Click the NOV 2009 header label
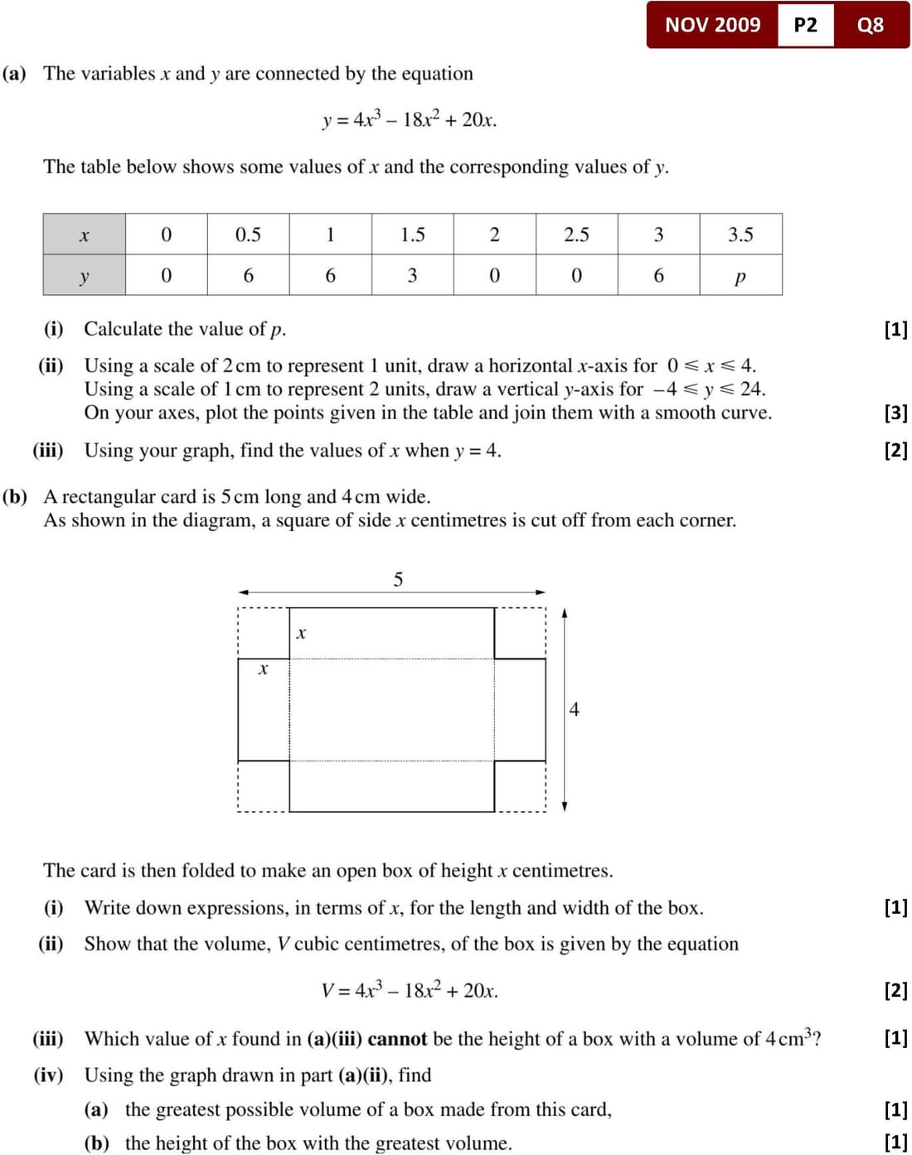click(x=712, y=25)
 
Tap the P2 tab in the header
click(x=805, y=25)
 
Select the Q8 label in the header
click(x=870, y=25)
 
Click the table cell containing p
click(x=740, y=276)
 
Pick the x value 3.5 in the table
click(x=740, y=234)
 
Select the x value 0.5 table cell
click(x=248, y=234)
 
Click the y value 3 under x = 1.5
click(x=412, y=276)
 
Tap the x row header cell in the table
click(x=84, y=234)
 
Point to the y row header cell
click(x=84, y=276)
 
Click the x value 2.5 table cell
click(x=576, y=234)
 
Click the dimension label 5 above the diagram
click(x=398, y=579)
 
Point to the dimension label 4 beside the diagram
click(x=574, y=709)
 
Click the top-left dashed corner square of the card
click(x=263, y=633)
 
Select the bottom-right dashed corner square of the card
click(x=521, y=785)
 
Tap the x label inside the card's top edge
click(x=301, y=634)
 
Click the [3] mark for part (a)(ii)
click(x=895, y=413)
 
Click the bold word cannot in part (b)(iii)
click(x=397, y=1039)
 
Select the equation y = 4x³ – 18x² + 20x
click(x=410, y=120)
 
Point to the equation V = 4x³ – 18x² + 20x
click(x=410, y=991)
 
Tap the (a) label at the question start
click(x=14, y=74)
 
